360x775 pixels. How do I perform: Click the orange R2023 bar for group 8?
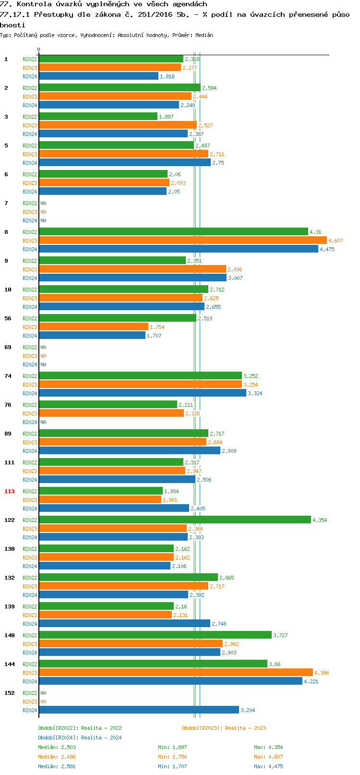click(183, 240)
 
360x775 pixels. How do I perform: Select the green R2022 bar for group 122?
click(175, 520)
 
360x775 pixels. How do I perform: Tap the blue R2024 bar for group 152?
click(139, 710)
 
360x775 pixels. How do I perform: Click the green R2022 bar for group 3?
click(98, 116)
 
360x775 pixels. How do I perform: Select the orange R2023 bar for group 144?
click(176, 672)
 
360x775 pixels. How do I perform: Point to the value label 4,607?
click(336, 241)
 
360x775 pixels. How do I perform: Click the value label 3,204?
click(248, 710)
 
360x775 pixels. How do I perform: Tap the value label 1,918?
click(167, 76)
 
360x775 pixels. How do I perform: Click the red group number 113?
click(9, 491)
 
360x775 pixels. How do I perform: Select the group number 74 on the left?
click(8, 376)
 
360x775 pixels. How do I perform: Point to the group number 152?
click(9, 693)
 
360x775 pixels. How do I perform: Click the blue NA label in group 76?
click(43, 422)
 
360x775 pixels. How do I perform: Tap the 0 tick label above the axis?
click(38, 49)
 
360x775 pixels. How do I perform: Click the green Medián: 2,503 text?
click(57, 747)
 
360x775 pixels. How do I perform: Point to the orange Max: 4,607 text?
click(268, 757)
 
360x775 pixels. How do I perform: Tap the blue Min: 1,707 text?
click(172, 766)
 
